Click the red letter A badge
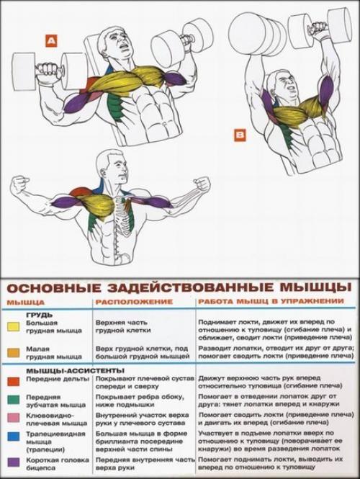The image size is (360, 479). (x=50, y=42)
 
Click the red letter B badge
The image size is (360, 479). (x=240, y=133)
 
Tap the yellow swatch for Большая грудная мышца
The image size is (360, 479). (x=12, y=326)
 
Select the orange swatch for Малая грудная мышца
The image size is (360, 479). (x=12, y=352)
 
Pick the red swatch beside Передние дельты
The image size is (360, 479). (x=12, y=379)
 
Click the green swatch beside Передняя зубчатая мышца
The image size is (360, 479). (x=12, y=398)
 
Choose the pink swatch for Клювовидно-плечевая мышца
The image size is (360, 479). (x=12, y=418)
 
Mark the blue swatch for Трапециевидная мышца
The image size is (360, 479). (x=12, y=437)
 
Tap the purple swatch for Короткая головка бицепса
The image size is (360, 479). (x=12, y=461)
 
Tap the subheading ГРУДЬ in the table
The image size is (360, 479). (x=37, y=315)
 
